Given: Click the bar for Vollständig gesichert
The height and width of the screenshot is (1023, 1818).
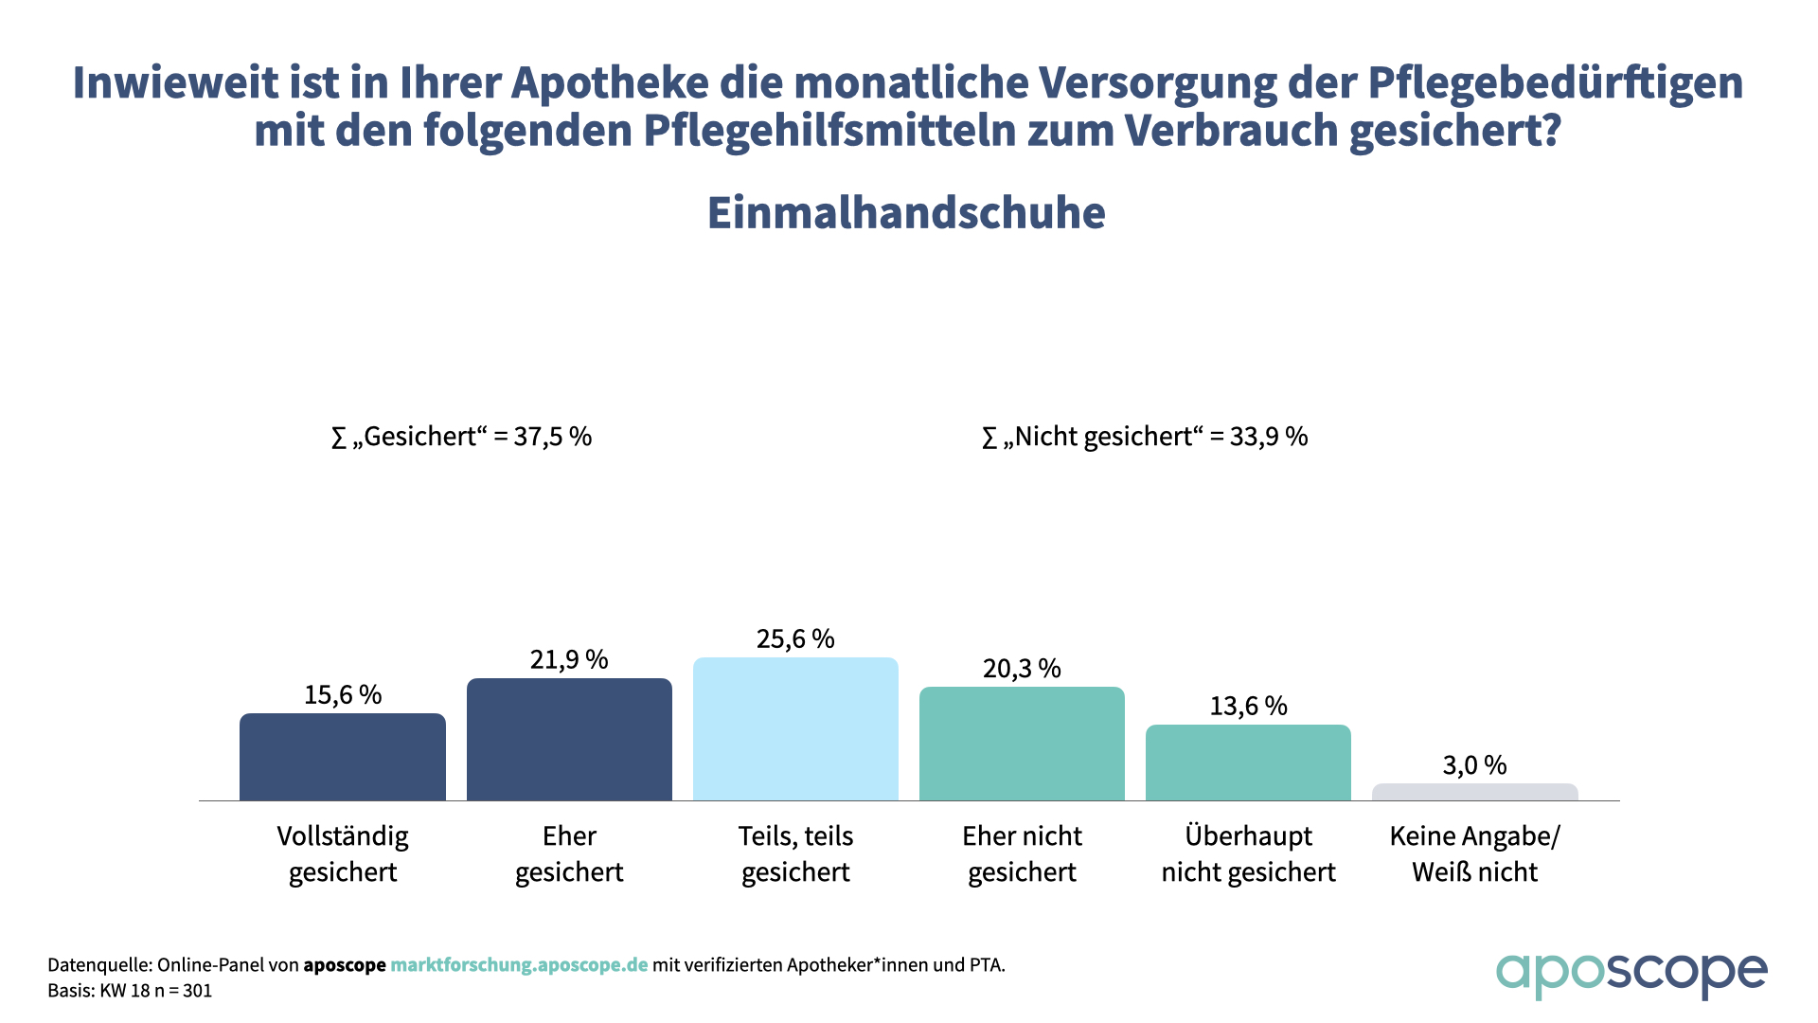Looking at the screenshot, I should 342,757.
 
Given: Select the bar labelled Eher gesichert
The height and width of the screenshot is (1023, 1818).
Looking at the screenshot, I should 569,740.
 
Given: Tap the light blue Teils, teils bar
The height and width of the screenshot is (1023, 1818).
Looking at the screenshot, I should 795,729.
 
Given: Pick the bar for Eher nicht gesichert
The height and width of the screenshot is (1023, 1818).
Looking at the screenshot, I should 1022,744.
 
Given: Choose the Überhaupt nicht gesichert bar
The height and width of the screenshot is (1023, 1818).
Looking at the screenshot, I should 1248,763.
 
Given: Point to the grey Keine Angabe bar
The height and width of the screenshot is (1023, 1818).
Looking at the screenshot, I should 1474,792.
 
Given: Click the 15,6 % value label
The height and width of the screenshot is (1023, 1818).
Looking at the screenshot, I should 343,694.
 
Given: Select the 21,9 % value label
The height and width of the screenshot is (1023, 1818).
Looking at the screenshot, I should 569,659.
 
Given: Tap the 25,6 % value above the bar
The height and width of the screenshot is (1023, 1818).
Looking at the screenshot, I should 795,638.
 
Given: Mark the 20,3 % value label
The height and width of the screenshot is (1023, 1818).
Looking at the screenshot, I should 1022,668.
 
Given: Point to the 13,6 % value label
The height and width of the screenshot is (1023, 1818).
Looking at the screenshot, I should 1248,706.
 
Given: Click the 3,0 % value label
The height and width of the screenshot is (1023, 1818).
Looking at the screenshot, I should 1474,764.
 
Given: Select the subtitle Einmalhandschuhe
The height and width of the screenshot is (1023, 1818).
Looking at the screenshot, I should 906,213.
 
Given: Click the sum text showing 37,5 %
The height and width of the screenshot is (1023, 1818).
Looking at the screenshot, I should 461,437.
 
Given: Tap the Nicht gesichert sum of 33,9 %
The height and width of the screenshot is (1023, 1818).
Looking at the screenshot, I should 1145,437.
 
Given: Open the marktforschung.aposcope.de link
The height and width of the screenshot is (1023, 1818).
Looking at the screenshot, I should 519,965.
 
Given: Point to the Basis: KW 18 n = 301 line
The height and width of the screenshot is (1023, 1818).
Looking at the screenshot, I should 130,991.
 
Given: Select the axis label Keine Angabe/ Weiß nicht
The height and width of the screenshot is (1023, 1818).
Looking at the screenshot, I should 1474,853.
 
